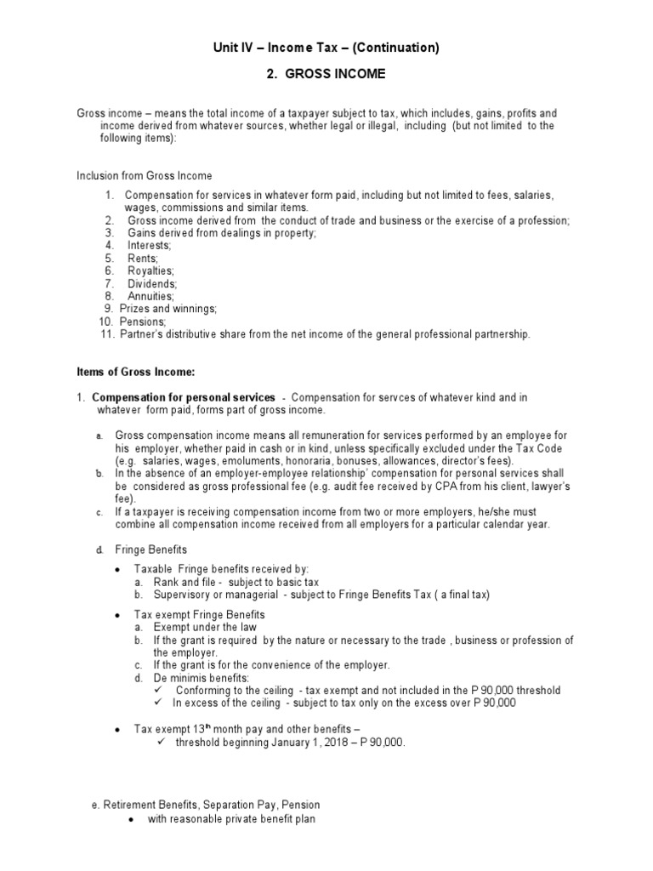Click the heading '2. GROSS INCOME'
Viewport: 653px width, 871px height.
pyautogui.click(x=326, y=74)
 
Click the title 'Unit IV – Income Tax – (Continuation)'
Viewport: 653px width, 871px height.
pyautogui.click(x=326, y=48)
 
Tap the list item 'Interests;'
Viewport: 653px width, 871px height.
pyautogui.click(x=150, y=245)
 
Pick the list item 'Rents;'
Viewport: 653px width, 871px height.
pyautogui.click(x=143, y=258)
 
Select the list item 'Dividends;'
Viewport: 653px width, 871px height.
pyautogui.click(x=151, y=283)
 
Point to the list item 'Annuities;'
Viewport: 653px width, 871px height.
pyautogui.click(x=150, y=296)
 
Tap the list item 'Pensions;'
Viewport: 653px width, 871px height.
pyautogui.click(x=143, y=322)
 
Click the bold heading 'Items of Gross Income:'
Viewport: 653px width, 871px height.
pyautogui.click(x=136, y=372)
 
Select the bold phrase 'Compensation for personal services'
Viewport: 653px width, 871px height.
pyautogui.click(x=183, y=397)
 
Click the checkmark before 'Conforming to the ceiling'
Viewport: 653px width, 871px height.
pyautogui.click(x=159, y=691)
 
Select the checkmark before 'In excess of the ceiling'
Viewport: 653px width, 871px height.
pyautogui.click(x=159, y=703)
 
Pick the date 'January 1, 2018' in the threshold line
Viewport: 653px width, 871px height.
pyautogui.click(x=279, y=743)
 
